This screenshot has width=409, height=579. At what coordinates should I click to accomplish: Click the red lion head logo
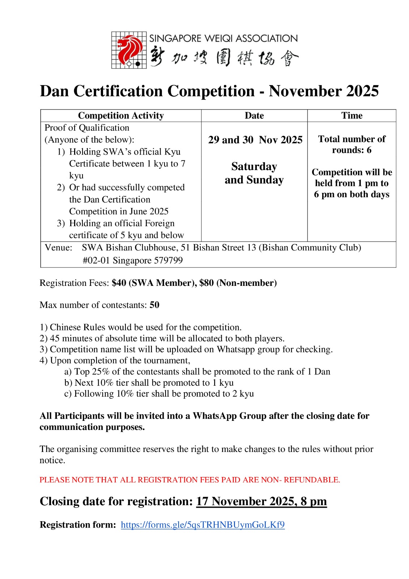[129, 50]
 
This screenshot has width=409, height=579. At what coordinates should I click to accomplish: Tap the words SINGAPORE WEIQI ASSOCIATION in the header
[223, 38]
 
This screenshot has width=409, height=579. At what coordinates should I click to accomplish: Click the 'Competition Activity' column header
[121, 115]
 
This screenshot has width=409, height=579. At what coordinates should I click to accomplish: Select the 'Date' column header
[254, 115]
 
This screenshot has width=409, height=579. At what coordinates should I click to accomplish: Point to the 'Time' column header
[352, 115]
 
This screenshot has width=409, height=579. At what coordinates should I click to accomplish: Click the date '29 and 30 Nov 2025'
[255, 140]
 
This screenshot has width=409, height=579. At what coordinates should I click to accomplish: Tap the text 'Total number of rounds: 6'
[352, 144]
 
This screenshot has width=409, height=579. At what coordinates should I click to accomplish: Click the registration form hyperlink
[203, 525]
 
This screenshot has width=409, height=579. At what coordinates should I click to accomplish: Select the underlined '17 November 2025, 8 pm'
[261, 501]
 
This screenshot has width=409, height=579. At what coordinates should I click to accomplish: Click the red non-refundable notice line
[190, 480]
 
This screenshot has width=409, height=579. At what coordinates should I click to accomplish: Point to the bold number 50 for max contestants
[154, 305]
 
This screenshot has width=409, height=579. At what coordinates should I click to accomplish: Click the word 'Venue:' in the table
[58, 248]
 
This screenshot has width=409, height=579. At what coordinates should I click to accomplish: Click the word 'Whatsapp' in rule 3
[235, 349]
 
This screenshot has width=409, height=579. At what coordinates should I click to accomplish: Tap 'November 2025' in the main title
[324, 91]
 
